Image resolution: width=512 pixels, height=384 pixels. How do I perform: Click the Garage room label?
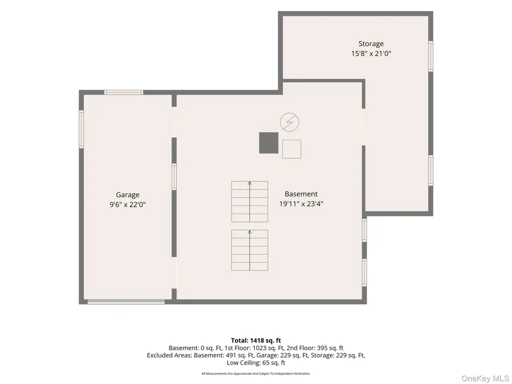[127, 195]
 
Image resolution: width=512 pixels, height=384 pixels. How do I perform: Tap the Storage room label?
[371, 44]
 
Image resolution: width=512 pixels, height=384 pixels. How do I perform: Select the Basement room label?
[301, 194]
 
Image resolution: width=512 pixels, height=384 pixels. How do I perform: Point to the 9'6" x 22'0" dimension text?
[127, 205]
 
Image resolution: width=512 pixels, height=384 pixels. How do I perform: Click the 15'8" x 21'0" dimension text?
[371, 54]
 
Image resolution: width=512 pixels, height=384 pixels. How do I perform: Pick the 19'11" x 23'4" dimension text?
[301, 204]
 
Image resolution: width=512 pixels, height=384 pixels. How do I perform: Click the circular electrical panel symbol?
[289, 122]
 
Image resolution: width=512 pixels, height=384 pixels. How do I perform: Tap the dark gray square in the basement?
[269, 143]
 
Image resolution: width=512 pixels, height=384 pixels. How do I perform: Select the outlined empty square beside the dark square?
[292, 149]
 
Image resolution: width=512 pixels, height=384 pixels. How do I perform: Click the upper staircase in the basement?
[250, 201]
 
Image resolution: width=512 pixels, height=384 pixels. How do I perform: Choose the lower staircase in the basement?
[250, 250]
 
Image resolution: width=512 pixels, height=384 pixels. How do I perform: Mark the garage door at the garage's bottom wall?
[126, 302]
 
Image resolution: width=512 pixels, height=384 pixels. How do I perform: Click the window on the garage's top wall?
[124, 92]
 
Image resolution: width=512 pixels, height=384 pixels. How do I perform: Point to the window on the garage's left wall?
[81, 130]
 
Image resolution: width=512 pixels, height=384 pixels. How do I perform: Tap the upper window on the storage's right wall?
[431, 56]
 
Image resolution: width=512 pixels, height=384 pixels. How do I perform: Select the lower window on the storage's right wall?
[431, 170]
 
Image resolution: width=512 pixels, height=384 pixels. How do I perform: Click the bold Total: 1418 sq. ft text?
[256, 340]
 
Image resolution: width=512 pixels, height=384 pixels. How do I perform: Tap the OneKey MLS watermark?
[485, 378]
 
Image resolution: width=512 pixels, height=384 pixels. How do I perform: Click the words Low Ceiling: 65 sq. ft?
[256, 363]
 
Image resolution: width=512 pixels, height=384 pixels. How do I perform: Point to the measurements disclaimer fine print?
[256, 374]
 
